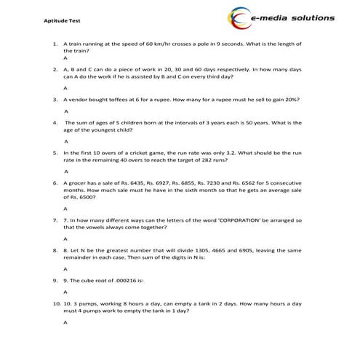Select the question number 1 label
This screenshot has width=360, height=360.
(56, 44)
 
